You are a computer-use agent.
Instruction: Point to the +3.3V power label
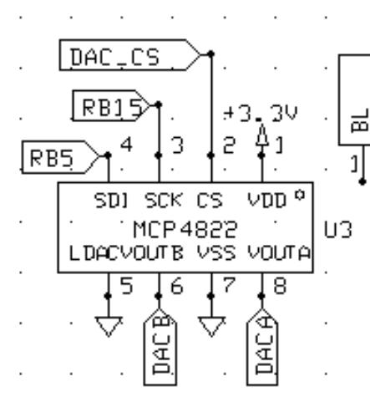[261, 114]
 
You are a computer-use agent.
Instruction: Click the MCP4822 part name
[185, 229]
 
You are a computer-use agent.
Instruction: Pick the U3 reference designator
[338, 230]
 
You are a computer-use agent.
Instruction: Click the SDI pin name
[111, 201]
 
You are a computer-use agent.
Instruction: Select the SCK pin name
[164, 201]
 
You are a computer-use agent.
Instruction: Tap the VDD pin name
[267, 201]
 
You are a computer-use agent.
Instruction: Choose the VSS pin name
[216, 253]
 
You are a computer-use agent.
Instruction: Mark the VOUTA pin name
[279, 253]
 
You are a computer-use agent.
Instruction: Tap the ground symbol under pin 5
[109, 326]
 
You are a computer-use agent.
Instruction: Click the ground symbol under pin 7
[211, 326]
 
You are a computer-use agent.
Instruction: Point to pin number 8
[280, 286]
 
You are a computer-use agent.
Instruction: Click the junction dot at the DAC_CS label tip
[211, 53]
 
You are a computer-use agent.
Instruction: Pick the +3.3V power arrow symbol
[262, 135]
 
